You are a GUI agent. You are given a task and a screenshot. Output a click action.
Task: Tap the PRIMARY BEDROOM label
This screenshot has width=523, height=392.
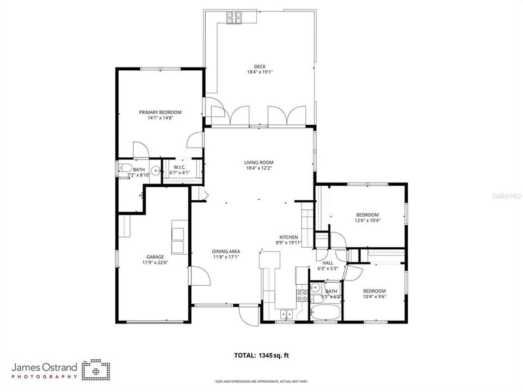[159, 112]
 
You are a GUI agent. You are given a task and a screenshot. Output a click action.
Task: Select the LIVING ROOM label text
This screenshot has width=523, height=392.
[259, 162]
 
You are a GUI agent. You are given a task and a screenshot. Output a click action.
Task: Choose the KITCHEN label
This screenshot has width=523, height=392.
[288, 237]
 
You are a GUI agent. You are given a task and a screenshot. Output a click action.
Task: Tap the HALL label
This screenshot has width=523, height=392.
[328, 262]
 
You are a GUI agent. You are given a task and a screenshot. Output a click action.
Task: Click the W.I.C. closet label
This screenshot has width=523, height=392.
[181, 167]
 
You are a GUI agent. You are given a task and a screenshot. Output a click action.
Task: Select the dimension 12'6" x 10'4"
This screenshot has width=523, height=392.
[367, 220]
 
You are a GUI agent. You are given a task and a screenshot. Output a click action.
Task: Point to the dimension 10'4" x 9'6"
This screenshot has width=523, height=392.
[374, 297]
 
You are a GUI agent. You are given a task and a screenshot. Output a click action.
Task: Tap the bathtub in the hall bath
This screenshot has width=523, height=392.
[325, 313]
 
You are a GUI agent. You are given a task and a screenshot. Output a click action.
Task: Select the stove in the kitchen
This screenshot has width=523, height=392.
[302, 296]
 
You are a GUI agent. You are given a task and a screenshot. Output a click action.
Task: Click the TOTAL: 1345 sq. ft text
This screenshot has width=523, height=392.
[261, 356]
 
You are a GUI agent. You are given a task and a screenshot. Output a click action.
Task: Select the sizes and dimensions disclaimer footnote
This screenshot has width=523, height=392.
[261, 382]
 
